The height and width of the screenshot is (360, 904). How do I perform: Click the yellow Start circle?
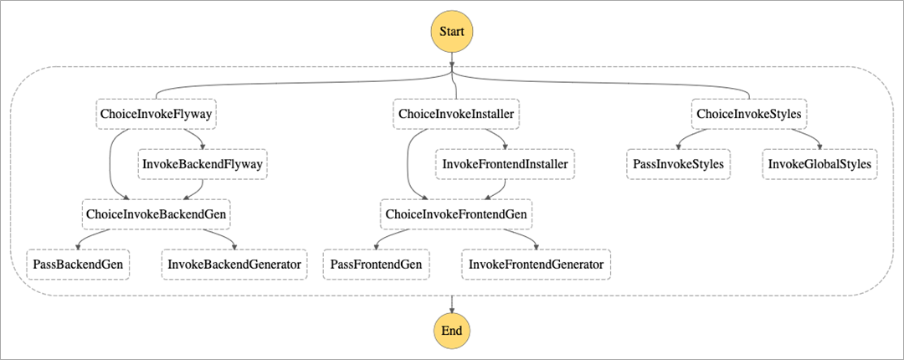(x=452, y=32)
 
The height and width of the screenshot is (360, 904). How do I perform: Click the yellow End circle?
(x=452, y=330)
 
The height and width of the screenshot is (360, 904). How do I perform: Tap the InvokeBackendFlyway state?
(x=203, y=164)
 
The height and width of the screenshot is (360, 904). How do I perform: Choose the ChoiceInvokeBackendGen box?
(x=157, y=214)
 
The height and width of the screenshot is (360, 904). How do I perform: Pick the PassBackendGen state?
(x=78, y=265)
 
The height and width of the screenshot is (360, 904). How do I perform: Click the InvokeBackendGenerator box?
(x=234, y=265)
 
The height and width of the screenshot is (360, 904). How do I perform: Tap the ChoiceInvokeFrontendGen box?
(x=456, y=214)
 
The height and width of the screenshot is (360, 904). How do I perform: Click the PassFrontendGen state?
(x=376, y=265)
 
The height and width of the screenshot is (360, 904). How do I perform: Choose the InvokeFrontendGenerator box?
(x=537, y=265)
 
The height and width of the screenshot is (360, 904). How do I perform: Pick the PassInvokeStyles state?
(x=679, y=164)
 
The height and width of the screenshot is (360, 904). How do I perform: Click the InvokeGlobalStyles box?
(x=820, y=164)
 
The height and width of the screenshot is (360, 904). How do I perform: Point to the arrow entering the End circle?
(x=452, y=305)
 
